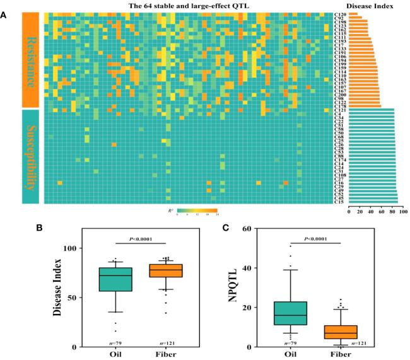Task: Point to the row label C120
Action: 339,14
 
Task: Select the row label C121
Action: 339,110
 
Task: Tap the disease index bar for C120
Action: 353,14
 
